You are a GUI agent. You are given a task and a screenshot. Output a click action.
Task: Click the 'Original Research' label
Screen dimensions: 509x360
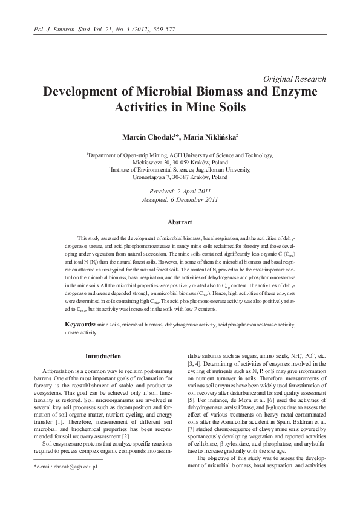pos(295,79)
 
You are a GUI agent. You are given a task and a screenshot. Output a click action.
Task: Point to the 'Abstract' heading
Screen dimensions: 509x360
pos(180,222)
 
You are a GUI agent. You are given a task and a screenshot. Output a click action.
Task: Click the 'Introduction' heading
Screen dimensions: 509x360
pos(102,356)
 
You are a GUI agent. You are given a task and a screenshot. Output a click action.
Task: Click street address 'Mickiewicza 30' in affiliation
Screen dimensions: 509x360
pos(151,163)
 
